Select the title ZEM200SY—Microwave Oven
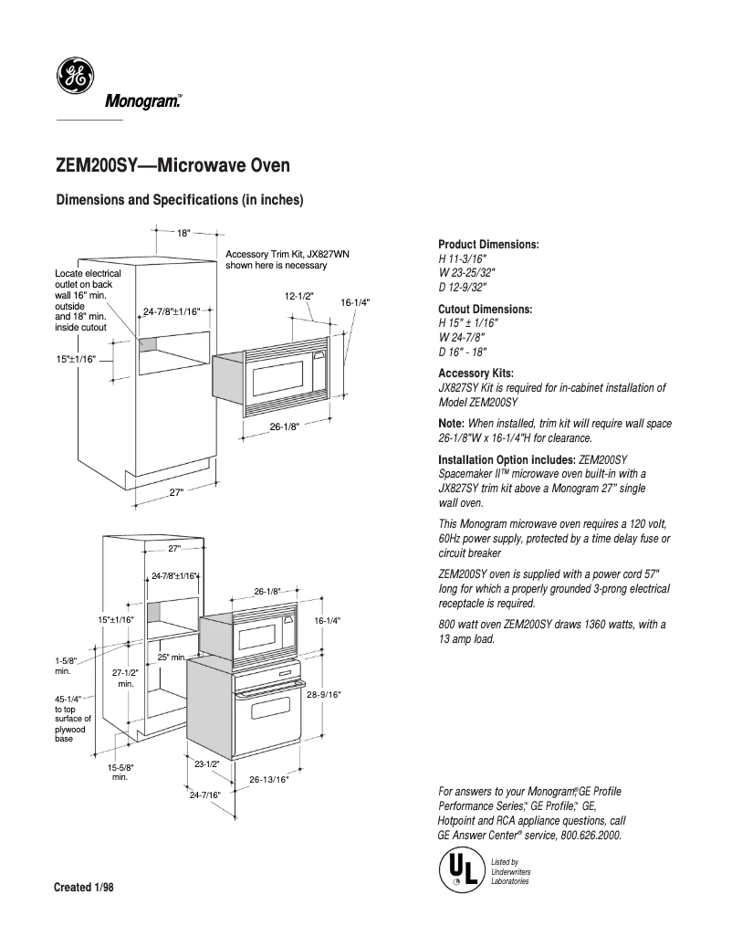[x=173, y=167]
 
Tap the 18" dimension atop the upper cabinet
[x=183, y=233]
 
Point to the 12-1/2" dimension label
[x=298, y=296]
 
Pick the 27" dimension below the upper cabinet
[x=177, y=493]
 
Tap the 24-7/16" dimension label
[x=205, y=795]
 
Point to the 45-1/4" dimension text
[x=68, y=699]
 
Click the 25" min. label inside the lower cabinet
[x=172, y=657]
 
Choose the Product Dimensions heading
[x=488, y=245]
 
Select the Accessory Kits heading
[x=476, y=374]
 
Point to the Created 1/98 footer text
[x=85, y=888]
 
